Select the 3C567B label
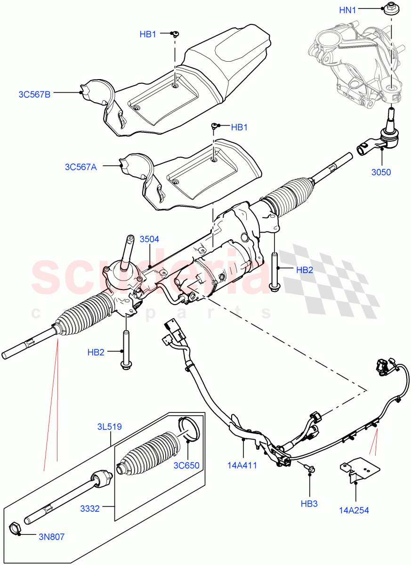pos(34,94)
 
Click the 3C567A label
pos(81,166)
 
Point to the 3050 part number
pos(381,172)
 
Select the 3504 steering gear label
pos(149,239)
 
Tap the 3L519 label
pos(109,427)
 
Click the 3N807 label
pos(52,536)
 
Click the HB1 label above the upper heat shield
pos(148,34)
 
